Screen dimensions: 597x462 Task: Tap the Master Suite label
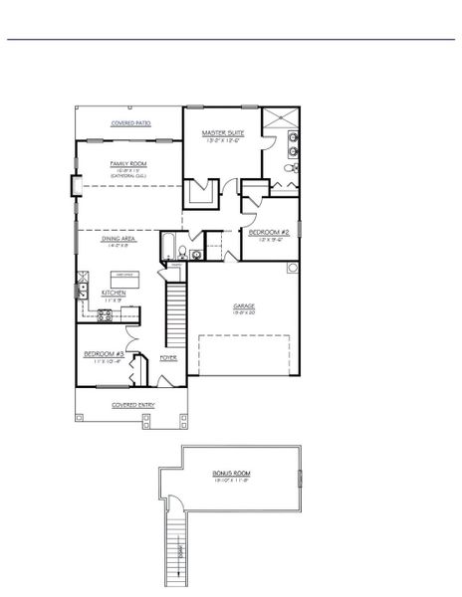click(222, 132)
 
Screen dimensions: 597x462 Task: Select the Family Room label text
click(129, 163)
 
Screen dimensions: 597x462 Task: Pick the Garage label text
click(244, 306)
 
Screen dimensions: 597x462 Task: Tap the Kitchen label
click(115, 293)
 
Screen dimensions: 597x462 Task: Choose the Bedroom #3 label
click(104, 354)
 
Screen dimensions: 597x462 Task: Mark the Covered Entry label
click(130, 405)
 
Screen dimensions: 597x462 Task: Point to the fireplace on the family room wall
click(75, 186)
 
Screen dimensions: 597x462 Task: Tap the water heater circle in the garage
click(293, 268)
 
